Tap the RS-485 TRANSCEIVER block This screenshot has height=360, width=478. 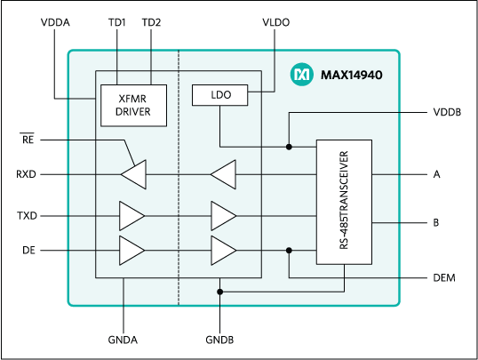coord(344,201)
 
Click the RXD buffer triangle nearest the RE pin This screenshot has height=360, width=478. coord(133,174)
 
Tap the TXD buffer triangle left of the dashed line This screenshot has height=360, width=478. coord(131,215)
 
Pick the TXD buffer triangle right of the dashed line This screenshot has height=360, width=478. coord(223,215)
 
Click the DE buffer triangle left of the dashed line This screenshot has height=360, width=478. coord(131,250)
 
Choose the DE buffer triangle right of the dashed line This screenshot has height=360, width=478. coord(223,250)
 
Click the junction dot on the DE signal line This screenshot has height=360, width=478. coord(289,250)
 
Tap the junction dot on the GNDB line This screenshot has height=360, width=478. coord(219,291)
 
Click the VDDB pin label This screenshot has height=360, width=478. coord(445,114)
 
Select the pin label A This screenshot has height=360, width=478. coord(436,175)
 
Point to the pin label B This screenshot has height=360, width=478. coord(436,223)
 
